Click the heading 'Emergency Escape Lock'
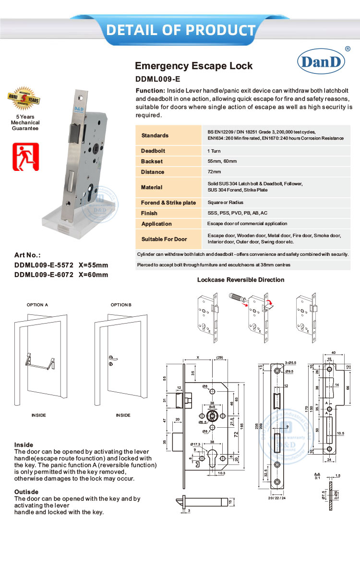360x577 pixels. click(x=193, y=66)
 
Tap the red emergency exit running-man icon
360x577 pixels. click(x=25, y=157)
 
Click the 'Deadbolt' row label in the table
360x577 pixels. click(x=153, y=151)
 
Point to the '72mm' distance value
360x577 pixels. click(x=214, y=172)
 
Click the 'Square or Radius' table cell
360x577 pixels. click(x=225, y=203)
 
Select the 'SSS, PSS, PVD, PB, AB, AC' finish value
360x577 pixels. click(x=237, y=213)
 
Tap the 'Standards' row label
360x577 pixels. click(x=155, y=135)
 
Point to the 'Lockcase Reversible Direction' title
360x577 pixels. click(x=240, y=280)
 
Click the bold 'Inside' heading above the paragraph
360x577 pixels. click(x=24, y=445)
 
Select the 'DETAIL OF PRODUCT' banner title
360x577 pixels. click(x=180, y=30)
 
